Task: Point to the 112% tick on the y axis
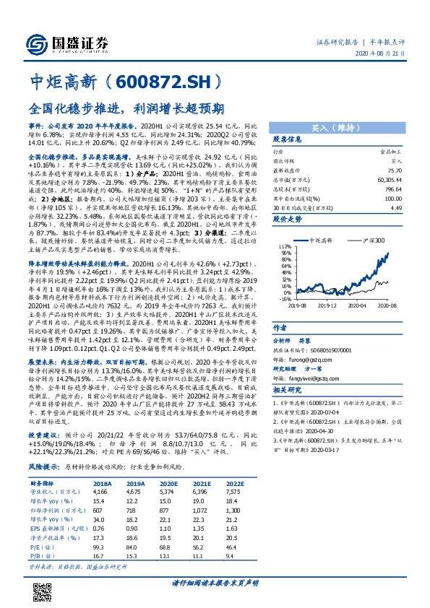(x=265, y=246)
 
